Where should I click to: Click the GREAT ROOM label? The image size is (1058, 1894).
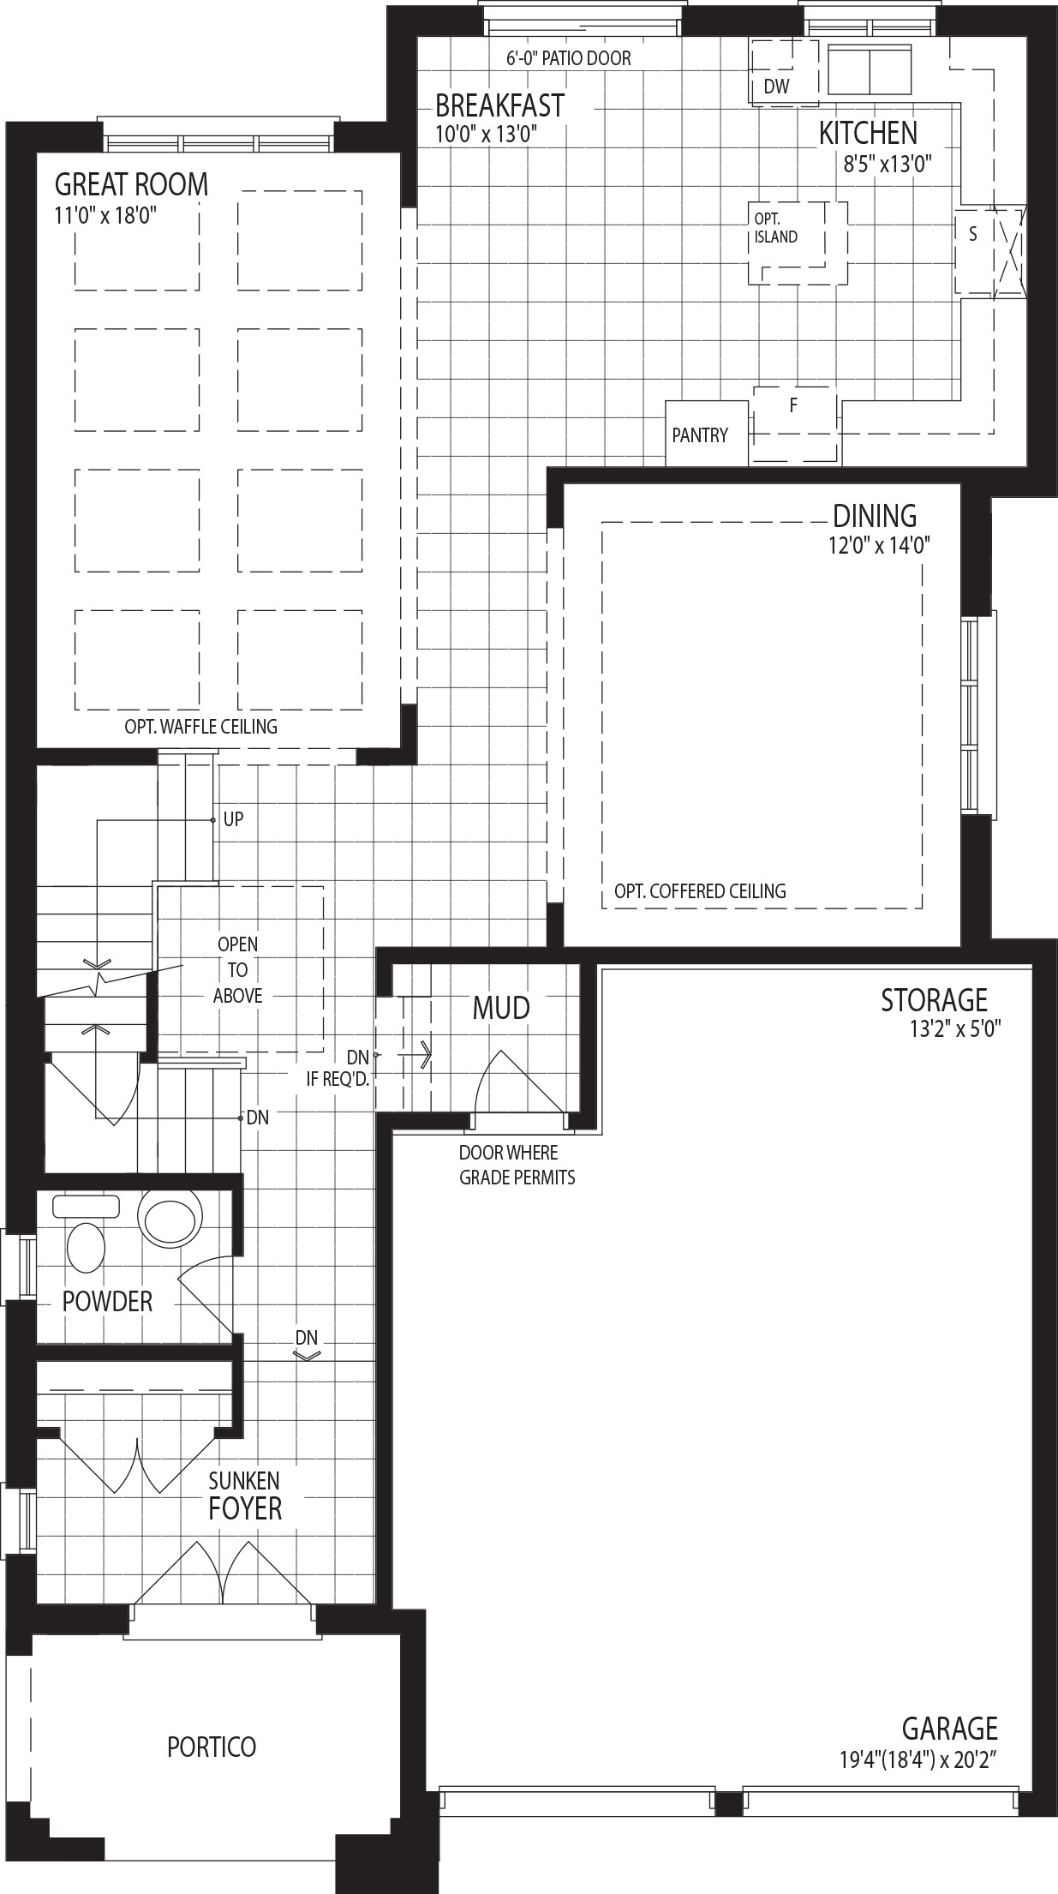[131, 184]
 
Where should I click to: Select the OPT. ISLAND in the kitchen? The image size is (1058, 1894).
[798, 243]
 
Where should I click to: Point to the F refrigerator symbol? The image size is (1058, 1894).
[795, 425]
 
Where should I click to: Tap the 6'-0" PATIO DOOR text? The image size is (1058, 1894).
[569, 58]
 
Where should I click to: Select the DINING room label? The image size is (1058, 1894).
[875, 516]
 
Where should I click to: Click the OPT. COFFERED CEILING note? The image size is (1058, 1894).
[700, 891]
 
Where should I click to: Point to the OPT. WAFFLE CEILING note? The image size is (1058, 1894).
[201, 727]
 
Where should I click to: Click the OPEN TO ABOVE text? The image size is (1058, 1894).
[237, 970]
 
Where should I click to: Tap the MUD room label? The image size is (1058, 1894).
[501, 1009]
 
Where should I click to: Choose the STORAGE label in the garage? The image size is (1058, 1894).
[935, 1000]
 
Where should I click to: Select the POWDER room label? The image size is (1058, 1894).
[107, 1302]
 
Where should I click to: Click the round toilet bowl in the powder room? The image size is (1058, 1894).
[171, 1218]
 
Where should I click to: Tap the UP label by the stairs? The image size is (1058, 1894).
[233, 819]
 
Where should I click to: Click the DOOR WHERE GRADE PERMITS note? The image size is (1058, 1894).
[517, 1165]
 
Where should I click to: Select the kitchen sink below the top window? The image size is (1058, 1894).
[870, 71]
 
